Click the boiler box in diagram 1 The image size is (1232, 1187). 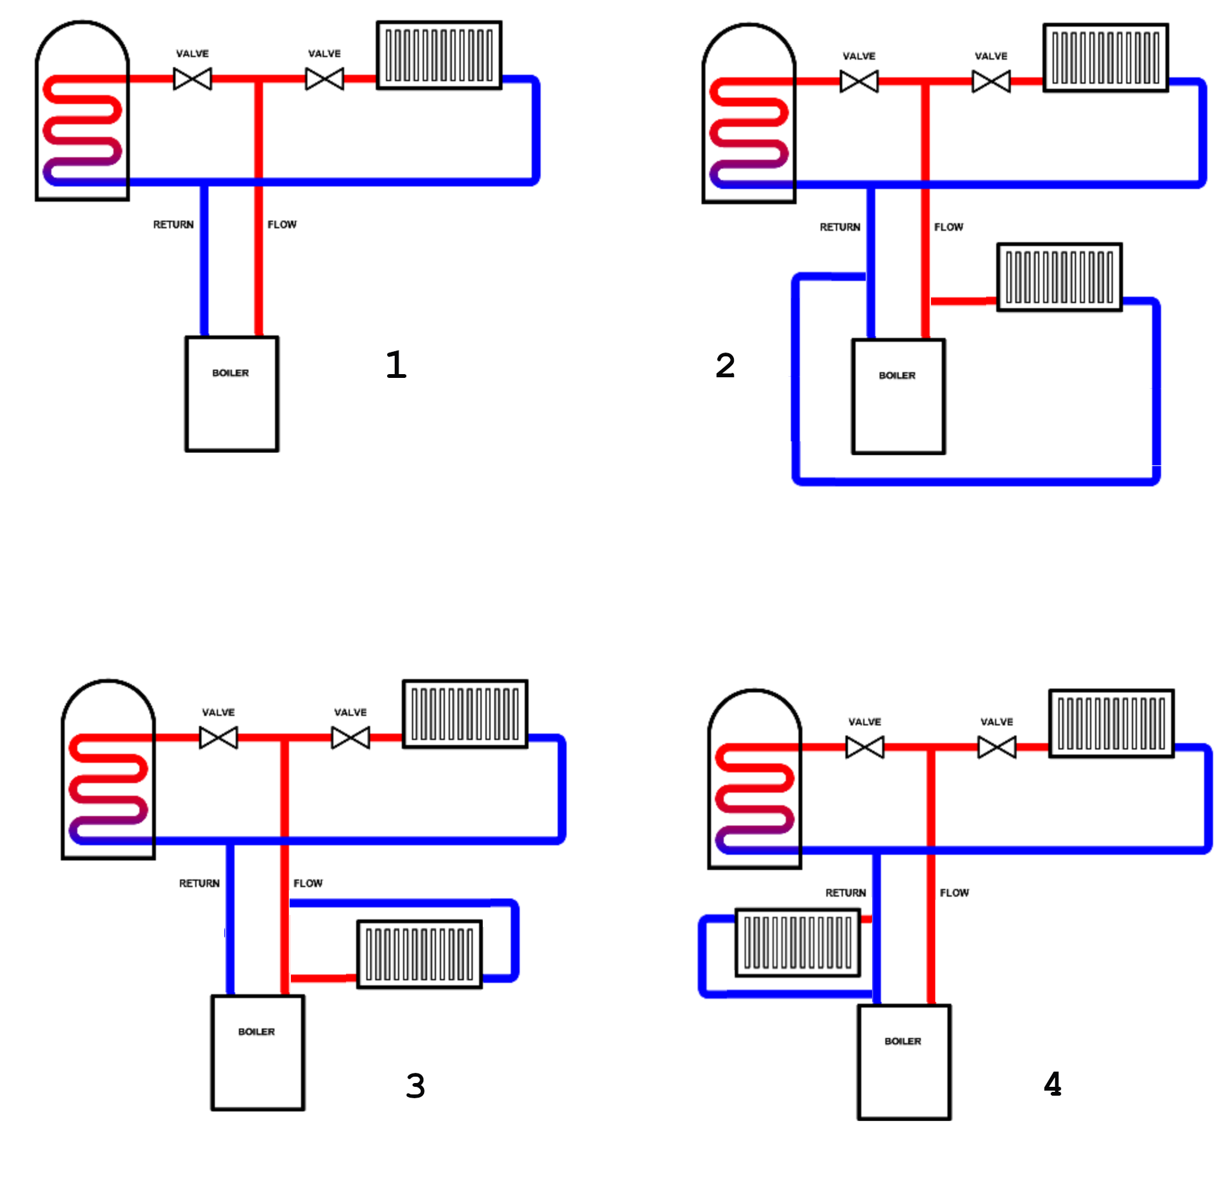coord(231,394)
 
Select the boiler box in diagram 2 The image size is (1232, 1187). coord(898,396)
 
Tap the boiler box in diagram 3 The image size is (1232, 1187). coord(257,1053)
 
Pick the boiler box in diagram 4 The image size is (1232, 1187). coord(904,1062)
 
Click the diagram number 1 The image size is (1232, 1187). coord(396,365)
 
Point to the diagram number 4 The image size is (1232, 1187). coord(1052,1084)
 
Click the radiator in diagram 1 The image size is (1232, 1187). coord(439,55)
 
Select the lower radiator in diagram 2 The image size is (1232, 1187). coord(1059,277)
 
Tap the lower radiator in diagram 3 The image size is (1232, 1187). coord(419,954)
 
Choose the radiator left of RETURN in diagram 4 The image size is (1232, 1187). coord(797,943)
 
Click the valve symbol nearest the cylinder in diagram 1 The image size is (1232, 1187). coord(193,79)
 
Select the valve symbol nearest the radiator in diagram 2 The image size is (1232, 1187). coord(991,82)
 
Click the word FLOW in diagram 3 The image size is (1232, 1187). coord(308,883)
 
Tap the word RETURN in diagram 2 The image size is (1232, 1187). coord(840,227)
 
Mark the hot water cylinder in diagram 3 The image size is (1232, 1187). coord(108,770)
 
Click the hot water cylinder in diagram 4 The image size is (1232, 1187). coord(754,780)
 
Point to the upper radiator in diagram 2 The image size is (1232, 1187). coord(1105,58)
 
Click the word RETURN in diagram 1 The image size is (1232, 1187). coord(173,224)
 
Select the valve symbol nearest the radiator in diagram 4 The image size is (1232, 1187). coord(997,747)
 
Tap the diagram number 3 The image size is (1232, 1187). coord(415,1086)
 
